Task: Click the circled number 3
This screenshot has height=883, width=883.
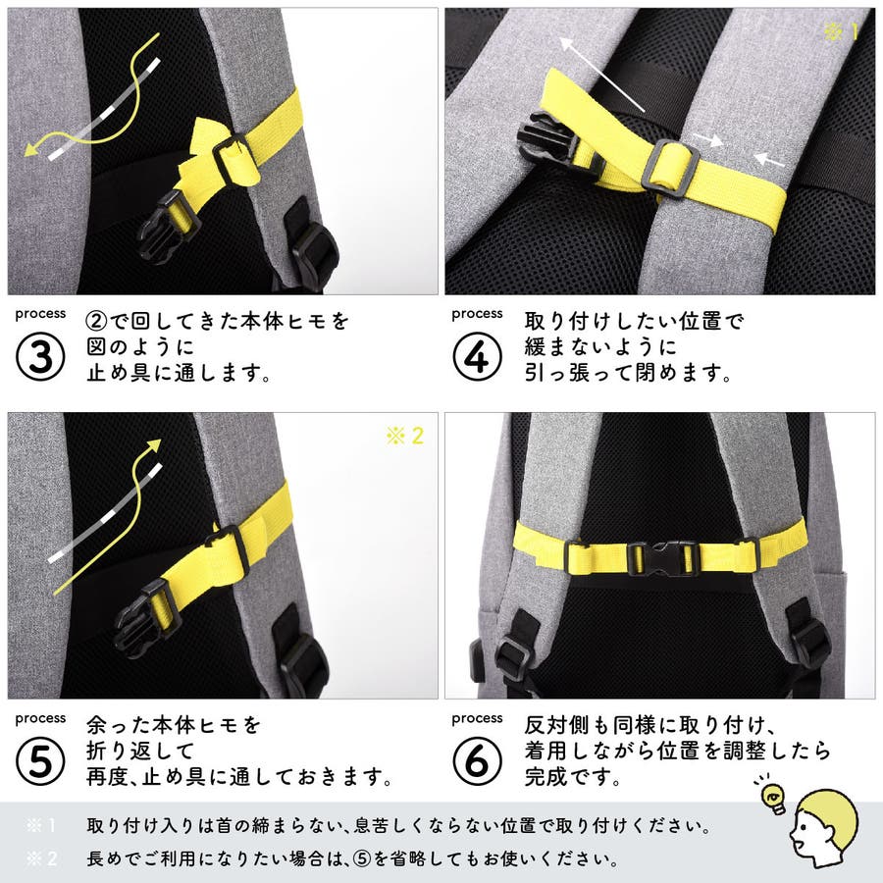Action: [x=40, y=357]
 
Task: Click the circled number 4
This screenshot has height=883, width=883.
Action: [x=477, y=357]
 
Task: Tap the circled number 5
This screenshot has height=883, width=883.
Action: [x=40, y=761]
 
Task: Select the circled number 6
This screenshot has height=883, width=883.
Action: [x=477, y=761]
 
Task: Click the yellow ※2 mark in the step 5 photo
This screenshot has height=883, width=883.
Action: [x=405, y=436]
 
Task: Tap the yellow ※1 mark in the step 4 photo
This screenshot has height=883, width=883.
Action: [x=841, y=31]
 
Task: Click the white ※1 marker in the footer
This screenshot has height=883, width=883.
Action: [x=41, y=825]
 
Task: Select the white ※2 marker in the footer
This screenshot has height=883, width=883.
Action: [x=41, y=858]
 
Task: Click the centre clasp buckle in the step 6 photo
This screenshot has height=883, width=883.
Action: [x=663, y=558]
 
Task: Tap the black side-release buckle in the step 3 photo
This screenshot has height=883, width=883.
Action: [x=169, y=227]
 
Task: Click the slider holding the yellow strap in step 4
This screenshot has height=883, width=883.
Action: [x=670, y=169]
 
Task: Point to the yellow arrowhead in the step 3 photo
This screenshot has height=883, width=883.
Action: [x=31, y=149]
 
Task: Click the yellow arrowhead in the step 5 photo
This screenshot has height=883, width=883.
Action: [x=153, y=446]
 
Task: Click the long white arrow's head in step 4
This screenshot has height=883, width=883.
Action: [x=566, y=44]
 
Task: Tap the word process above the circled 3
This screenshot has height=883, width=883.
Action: [x=40, y=314]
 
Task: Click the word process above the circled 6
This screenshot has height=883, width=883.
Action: [x=477, y=718]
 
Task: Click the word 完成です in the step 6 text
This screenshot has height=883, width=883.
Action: [x=572, y=777]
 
